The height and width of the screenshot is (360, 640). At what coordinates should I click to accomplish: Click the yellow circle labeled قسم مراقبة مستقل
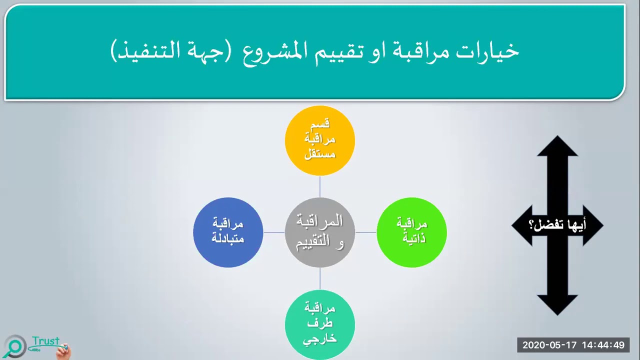pos(319,140)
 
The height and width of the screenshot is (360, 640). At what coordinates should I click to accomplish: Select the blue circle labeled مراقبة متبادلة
pos(228,232)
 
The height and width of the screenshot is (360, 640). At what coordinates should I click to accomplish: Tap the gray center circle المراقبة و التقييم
pos(319,232)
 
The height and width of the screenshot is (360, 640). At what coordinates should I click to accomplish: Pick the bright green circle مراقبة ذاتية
pos(411,232)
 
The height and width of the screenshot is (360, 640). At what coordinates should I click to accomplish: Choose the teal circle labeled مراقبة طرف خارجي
pos(319,323)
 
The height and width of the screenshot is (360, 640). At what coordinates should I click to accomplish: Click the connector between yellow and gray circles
pos(319,186)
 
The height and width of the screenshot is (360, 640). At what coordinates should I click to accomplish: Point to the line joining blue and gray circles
pos(274,232)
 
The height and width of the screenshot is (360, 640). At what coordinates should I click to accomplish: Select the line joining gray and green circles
pos(365,232)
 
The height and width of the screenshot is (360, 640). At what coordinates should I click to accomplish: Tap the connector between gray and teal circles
pos(319,278)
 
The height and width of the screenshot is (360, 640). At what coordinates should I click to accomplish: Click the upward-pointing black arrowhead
pos(557,147)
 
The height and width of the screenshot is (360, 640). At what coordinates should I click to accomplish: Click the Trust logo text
pos(45,341)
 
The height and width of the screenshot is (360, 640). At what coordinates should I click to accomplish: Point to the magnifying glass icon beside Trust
pos(15,346)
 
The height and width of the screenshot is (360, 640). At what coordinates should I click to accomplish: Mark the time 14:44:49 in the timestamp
pos(603,345)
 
